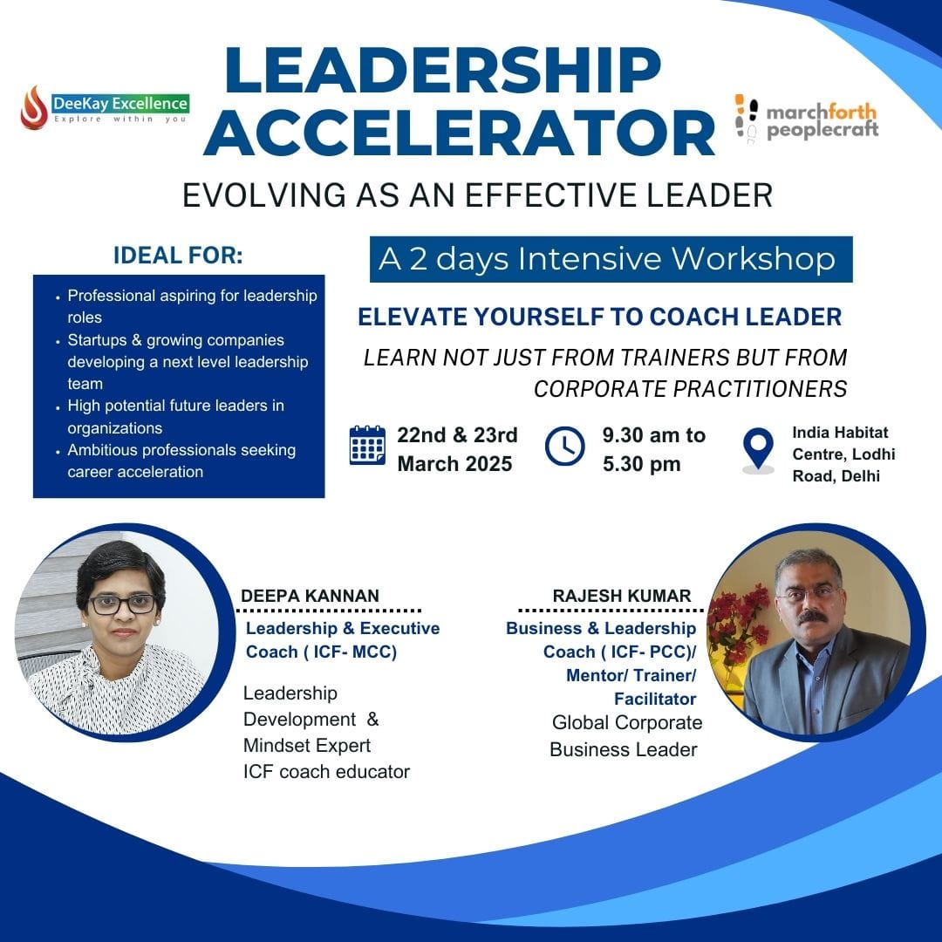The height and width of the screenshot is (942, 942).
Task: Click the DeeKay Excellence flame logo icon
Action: click(x=34, y=107)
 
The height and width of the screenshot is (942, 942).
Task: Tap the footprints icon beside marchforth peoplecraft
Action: click(x=747, y=119)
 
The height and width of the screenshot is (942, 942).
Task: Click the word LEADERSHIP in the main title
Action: click(x=443, y=70)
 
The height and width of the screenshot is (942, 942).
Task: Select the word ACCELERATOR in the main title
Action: click(x=460, y=133)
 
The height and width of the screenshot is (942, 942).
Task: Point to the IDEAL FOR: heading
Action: click(x=179, y=256)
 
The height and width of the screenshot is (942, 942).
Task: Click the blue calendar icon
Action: click(x=367, y=445)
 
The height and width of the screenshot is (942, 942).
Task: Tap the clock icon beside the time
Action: click(x=564, y=446)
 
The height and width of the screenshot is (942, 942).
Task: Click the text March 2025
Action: click(x=454, y=464)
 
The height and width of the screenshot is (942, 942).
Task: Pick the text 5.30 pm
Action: click(x=642, y=464)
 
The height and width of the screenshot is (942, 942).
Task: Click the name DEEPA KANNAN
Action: click(x=310, y=596)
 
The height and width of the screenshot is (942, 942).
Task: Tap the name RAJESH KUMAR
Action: click(x=622, y=596)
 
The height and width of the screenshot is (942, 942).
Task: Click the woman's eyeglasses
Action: click(x=123, y=604)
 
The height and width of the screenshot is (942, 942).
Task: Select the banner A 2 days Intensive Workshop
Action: click(x=611, y=260)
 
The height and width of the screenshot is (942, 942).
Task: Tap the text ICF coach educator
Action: click(x=326, y=771)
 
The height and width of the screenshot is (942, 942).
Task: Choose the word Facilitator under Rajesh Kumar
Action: click(x=655, y=699)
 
